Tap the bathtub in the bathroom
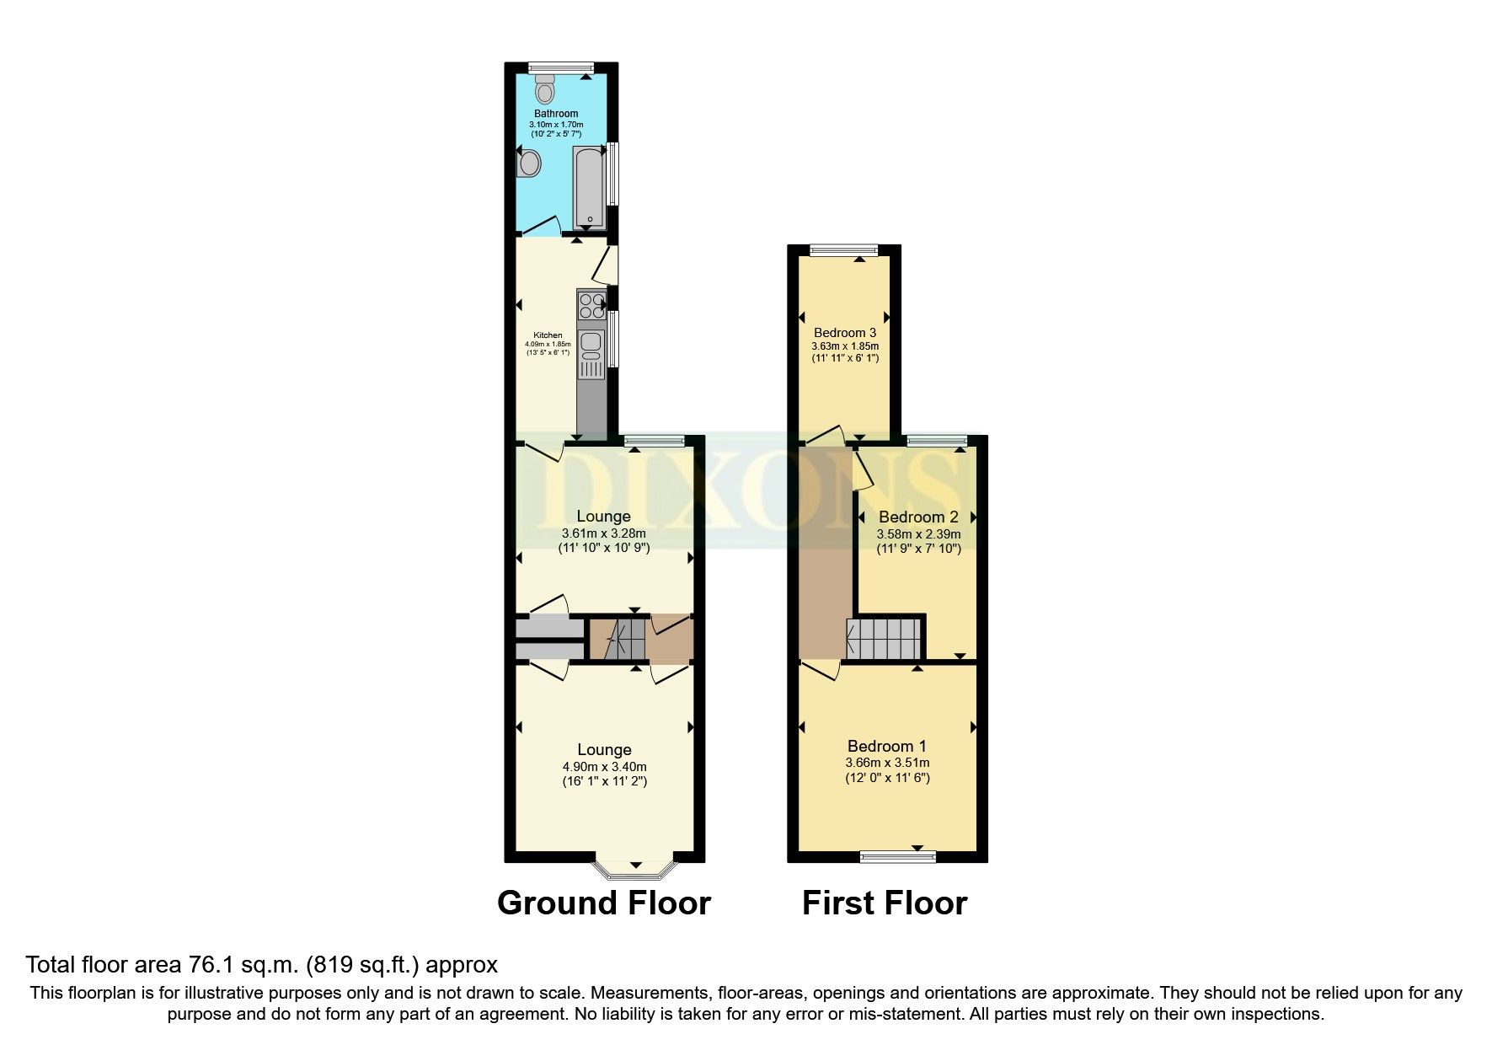click(590, 186)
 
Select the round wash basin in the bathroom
click(529, 163)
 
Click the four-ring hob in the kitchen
click(591, 305)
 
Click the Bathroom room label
click(556, 114)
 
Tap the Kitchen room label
click(548, 335)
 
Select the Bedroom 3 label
click(844, 333)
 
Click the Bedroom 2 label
click(918, 517)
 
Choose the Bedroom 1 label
click(887, 746)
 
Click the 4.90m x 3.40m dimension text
click(604, 767)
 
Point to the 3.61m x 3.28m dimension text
click(603, 533)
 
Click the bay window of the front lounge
click(635, 870)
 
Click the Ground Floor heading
click(604, 903)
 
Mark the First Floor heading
click(885, 903)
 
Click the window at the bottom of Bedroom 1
click(898, 857)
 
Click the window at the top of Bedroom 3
click(843, 249)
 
